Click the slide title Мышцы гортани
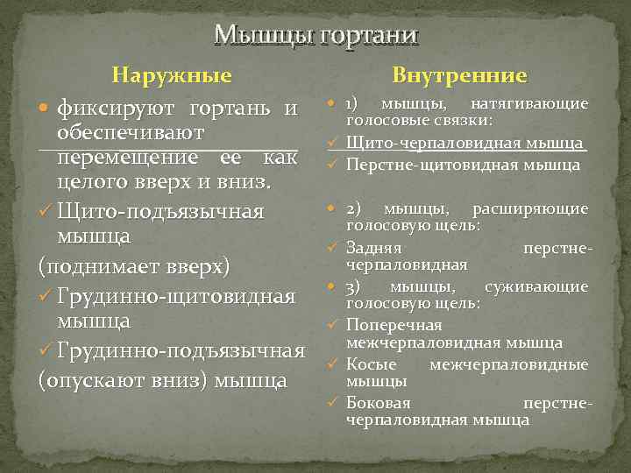tap(316, 34)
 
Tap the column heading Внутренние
tap(459, 76)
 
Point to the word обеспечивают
tap(131, 135)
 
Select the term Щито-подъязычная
tap(160, 212)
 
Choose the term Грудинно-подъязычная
tap(181, 351)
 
